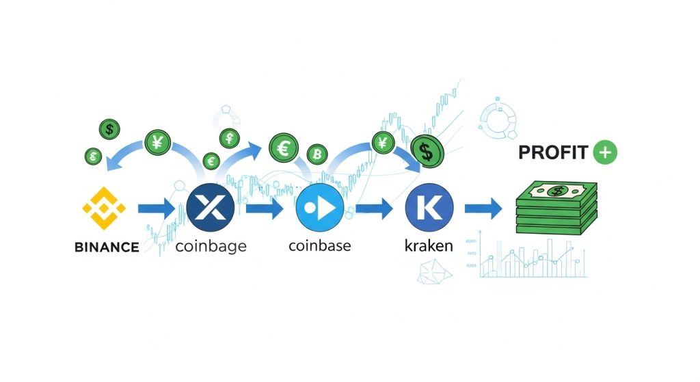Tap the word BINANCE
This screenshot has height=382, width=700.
[106, 247]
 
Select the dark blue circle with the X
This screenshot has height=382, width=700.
[211, 208]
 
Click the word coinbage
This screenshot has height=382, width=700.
[211, 247]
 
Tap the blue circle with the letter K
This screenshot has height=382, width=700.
[429, 209]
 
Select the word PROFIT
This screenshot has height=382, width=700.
[552, 152]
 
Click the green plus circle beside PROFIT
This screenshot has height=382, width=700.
[605, 152]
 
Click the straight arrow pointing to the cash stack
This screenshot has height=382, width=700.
[483, 209]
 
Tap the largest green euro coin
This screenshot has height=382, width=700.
[283, 148]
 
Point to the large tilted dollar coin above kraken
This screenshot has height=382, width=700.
[427, 152]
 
